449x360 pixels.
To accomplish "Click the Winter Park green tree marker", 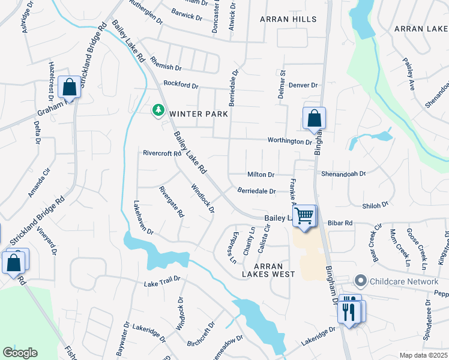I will tap(158, 110).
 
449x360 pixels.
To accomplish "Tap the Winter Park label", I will tap(198, 113).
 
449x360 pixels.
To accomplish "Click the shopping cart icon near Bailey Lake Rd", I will tap(304, 215).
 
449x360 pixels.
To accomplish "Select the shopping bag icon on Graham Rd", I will tap(70, 88).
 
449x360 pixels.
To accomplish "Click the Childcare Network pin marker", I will tap(360, 281).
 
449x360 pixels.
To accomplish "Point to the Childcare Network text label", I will tap(404, 281).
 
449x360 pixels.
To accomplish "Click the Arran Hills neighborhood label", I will tap(288, 19).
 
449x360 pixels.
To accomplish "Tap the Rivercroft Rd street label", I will tap(161, 153).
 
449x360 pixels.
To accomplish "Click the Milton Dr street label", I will tap(261, 175).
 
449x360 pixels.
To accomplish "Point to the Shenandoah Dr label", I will tap(343, 173).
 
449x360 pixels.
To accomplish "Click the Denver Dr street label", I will tap(303, 85).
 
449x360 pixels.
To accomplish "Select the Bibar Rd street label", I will tap(340, 223).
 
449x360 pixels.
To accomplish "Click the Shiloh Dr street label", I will tap(375, 205).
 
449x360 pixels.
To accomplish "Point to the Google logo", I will tap(20, 353).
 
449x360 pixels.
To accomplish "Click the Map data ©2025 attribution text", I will tap(423, 355).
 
